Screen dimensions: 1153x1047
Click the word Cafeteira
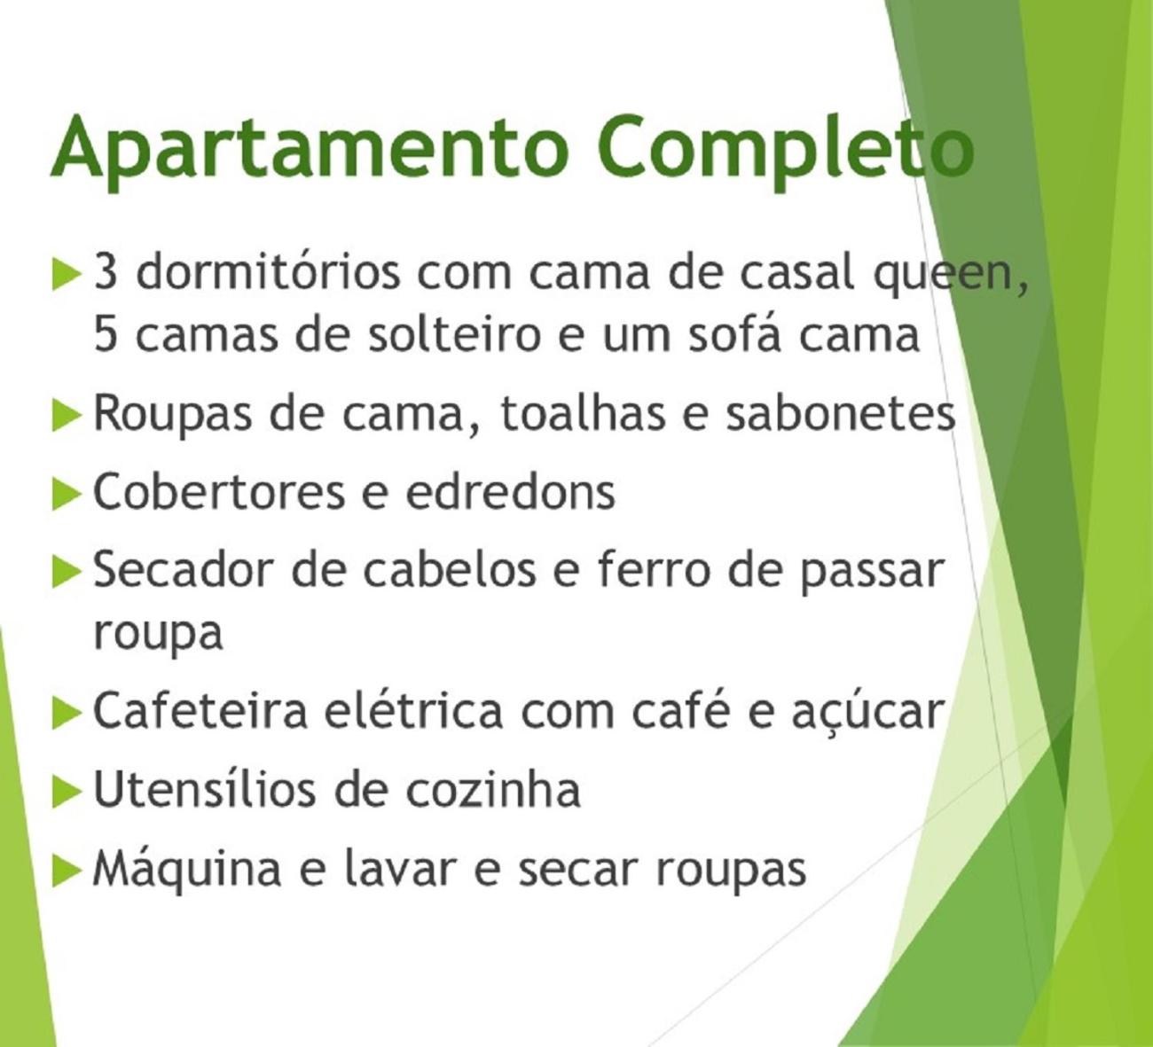(x=200, y=710)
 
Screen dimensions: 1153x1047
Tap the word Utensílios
(x=204, y=788)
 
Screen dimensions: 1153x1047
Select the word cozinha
(x=492, y=788)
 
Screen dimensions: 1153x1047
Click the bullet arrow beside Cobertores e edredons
(x=66, y=494)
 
